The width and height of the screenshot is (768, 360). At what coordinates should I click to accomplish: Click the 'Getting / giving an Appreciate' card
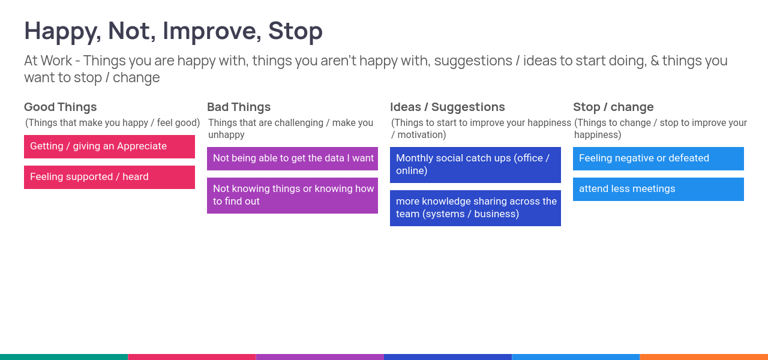coord(109,146)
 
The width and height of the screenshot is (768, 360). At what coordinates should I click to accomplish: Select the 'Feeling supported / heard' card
coord(109,177)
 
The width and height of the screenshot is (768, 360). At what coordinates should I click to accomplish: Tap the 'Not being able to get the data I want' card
coord(292,158)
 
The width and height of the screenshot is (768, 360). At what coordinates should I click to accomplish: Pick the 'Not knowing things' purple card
coord(292,196)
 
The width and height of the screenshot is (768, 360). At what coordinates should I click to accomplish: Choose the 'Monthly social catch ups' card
coord(475,165)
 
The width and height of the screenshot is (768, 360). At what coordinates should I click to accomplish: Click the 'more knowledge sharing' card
coord(475,208)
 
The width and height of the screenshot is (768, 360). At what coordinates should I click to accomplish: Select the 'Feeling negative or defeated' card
coord(658,158)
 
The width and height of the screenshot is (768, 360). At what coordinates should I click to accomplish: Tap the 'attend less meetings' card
coord(658,189)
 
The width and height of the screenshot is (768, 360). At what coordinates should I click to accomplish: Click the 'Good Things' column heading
coord(61,107)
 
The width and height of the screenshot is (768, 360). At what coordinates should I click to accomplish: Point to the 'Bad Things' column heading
coord(239,107)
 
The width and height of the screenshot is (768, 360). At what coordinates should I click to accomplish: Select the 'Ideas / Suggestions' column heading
coord(448,107)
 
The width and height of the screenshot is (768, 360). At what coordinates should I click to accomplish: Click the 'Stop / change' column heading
coord(613,107)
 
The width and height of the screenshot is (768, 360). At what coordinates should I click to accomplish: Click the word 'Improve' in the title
coord(209,32)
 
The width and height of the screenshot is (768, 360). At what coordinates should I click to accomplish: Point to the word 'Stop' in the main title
coord(295,32)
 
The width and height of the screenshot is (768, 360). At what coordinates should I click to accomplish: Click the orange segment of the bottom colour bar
coord(704,357)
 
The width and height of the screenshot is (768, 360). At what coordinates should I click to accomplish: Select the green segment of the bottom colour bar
coord(64,357)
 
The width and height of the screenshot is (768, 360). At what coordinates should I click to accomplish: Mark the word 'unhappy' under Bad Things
coord(226,135)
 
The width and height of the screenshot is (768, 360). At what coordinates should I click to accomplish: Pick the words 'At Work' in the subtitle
coord(48,61)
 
